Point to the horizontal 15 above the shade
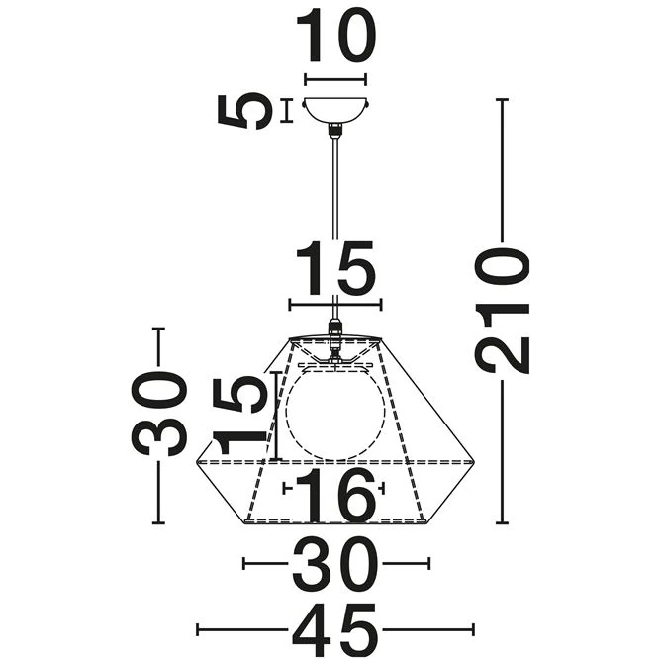point(334,270)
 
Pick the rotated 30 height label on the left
point(160,414)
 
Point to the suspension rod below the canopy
point(335,218)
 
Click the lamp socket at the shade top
point(335,342)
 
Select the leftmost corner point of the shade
point(197,461)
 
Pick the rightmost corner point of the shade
point(476,461)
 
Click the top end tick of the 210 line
point(503,100)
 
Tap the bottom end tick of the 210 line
point(503,523)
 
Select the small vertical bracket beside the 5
point(287,110)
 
